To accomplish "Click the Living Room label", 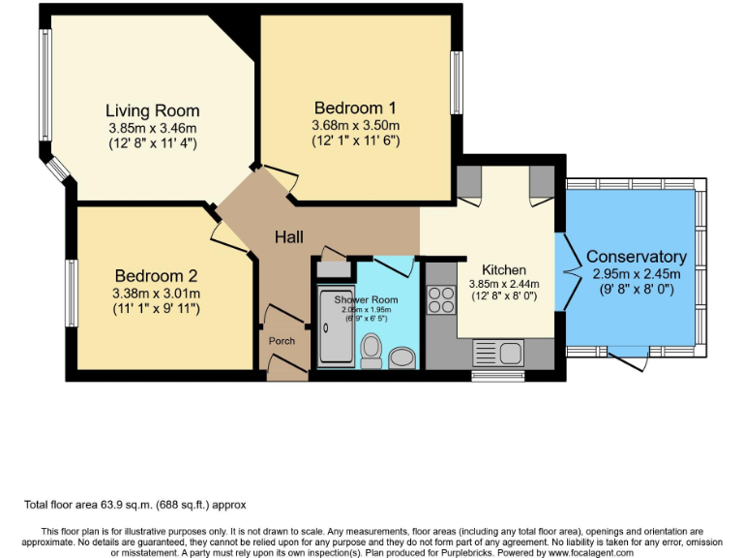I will pyautogui.click(x=152, y=110).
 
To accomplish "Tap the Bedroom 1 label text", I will pyautogui.click(x=355, y=108).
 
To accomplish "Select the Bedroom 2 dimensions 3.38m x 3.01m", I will pyautogui.click(x=157, y=294).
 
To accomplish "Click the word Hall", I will pyautogui.click(x=288, y=237).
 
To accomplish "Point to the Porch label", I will pyautogui.click(x=282, y=341).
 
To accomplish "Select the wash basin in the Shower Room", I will pyautogui.click(x=401, y=358).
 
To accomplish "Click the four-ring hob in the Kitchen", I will pyautogui.click(x=441, y=300).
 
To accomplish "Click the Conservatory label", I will pyautogui.click(x=637, y=257).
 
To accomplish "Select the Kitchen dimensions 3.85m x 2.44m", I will pyautogui.click(x=503, y=285).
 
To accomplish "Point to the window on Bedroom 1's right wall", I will pyautogui.click(x=457, y=82).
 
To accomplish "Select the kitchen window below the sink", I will pyautogui.click(x=496, y=374).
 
